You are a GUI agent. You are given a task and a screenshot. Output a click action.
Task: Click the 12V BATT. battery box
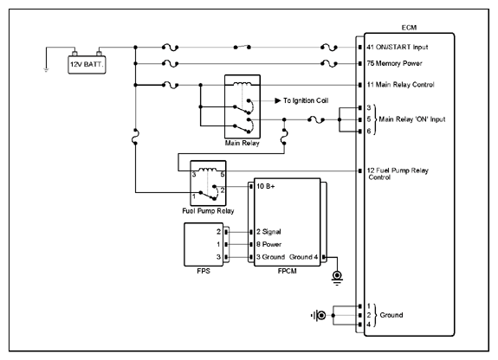tap(87, 65)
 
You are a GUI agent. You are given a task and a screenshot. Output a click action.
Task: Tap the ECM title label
tap(409, 28)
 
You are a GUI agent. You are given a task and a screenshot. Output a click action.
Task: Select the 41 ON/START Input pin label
tap(398, 48)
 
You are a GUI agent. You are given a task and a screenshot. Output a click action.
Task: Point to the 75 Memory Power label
tap(394, 63)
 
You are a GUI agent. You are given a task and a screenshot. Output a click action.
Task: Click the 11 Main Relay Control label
tap(400, 85)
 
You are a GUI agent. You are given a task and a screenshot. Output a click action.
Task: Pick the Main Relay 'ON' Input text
tap(412, 119)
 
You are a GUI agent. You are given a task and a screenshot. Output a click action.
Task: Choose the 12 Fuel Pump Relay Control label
tap(398, 174)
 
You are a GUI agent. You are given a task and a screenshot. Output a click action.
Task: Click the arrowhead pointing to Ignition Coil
tap(278, 100)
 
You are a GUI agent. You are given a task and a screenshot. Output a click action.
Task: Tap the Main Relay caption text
tap(242, 143)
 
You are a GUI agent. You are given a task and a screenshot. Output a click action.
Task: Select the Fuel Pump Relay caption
tap(208, 211)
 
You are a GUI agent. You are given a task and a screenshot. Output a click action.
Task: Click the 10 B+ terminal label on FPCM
tap(266, 186)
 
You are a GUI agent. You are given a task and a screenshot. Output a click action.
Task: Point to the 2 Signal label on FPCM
tap(268, 232)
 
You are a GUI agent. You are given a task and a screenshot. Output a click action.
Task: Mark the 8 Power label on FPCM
tap(269, 244)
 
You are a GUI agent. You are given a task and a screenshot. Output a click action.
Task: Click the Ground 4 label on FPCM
tap(303, 257)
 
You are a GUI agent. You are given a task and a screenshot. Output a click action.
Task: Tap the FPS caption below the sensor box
tap(204, 271)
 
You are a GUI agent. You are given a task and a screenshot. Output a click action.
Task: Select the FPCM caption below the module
tap(288, 271)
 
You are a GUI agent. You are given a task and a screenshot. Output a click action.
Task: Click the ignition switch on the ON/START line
tap(242, 47)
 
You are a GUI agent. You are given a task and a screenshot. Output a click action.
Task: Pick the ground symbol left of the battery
tap(46, 69)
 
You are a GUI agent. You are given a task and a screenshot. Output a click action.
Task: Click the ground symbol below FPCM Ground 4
tap(337, 278)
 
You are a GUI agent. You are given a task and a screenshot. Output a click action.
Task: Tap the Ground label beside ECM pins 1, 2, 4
tap(391, 315)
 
